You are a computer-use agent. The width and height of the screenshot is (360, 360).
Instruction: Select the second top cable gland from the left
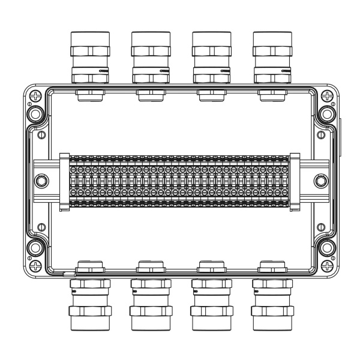point(150,57)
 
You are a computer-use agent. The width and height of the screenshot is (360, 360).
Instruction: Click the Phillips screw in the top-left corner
point(37,95)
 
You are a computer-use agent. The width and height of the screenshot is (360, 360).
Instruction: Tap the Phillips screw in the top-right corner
point(324,95)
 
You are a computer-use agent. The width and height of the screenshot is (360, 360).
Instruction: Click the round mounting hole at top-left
point(35,113)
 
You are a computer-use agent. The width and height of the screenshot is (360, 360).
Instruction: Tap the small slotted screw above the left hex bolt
point(41,134)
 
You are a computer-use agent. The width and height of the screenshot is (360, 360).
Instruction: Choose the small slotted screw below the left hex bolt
point(41,227)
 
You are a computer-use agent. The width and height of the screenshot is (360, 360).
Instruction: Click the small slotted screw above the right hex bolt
point(320,134)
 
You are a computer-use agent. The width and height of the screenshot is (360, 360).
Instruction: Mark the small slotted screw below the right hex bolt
point(320,227)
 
